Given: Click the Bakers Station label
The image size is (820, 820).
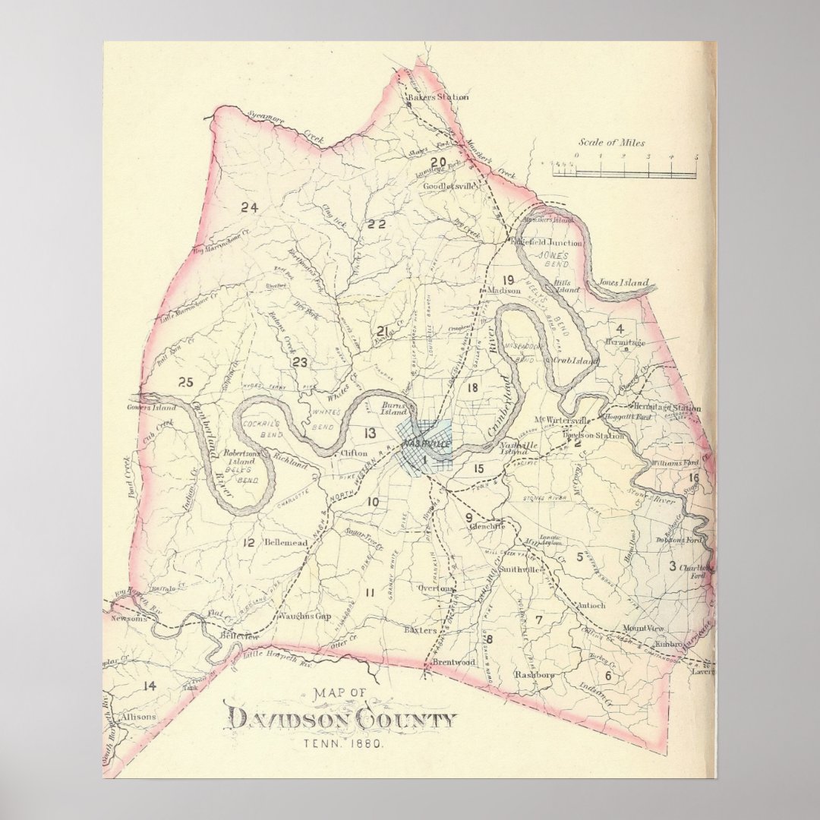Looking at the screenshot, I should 438,97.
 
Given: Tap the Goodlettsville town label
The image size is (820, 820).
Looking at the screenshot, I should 449,185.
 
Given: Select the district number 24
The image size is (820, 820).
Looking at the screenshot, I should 249,207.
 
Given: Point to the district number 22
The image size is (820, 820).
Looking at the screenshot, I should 377,223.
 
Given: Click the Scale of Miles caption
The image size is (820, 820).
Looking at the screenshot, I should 612,143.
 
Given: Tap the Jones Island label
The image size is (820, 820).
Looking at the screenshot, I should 624,283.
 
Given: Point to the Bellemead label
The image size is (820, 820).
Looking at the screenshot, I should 285,543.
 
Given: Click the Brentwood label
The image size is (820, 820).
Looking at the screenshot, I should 453,662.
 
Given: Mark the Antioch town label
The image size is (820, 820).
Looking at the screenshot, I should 591,605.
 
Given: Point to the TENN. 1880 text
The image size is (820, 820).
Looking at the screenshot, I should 342,744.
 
